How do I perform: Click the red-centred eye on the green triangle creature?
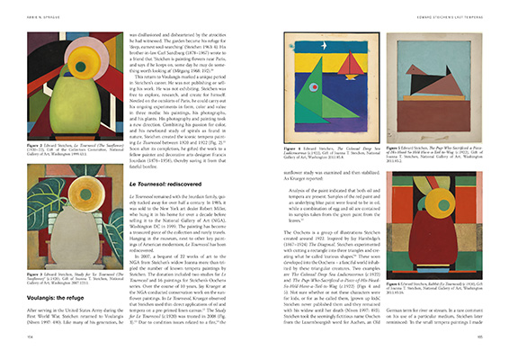tap(297, 99)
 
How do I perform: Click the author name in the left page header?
tap(44, 10)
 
